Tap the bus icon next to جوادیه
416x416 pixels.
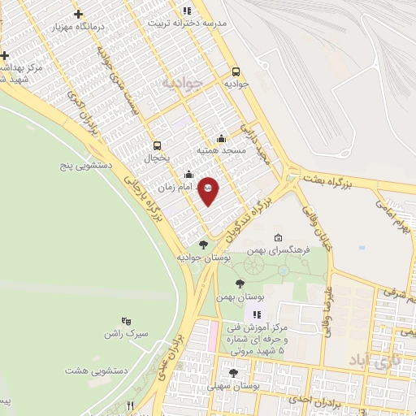coord(236,71)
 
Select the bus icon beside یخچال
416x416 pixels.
coord(156,147)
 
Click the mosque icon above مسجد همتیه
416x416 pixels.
coord(221,139)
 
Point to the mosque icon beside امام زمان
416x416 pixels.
coord(189,174)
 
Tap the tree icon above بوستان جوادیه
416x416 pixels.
coord(203,245)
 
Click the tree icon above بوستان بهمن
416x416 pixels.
coord(239,284)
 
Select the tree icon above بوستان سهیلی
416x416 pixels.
coord(234,373)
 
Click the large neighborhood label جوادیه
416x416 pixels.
coord(180,83)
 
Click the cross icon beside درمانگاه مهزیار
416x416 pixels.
coord(78,14)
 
